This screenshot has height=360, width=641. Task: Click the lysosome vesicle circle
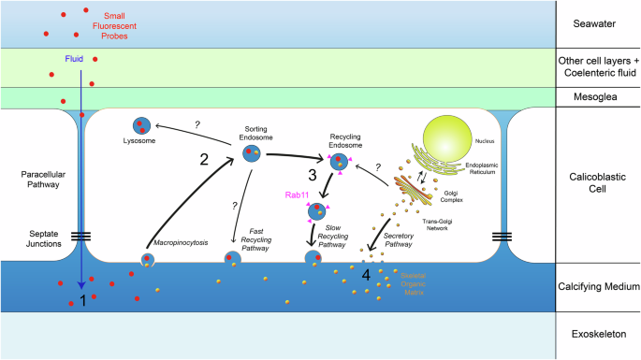(140, 125)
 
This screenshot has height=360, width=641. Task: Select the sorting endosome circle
(252, 151)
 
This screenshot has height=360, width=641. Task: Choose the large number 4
(367, 277)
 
